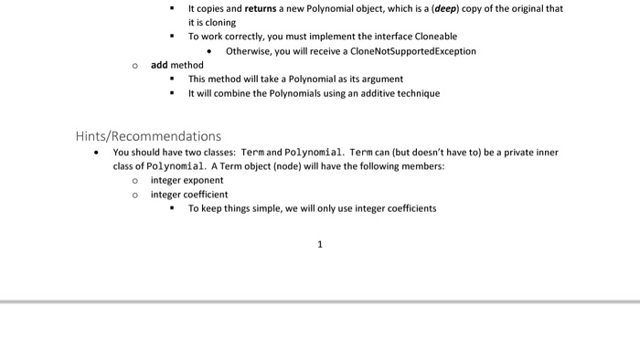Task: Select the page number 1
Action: click(320, 244)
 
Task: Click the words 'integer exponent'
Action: click(187, 180)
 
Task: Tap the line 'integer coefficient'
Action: click(189, 195)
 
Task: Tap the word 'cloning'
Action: click(204, 23)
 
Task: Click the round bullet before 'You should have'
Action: click(97, 153)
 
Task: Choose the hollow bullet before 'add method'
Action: click(134, 65)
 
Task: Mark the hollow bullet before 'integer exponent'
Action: click(134, 180)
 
